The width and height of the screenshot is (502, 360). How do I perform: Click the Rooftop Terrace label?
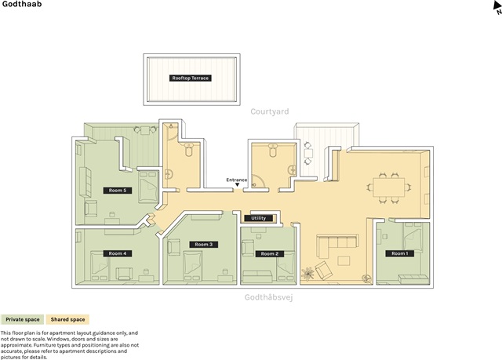[190, 78]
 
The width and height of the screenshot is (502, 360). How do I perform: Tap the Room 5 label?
[118, 191]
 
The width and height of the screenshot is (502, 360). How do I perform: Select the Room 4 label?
[118, 253]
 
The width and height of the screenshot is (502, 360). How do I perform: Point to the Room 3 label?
[204, 245]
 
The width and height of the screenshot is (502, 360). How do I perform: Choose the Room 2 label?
[270, 254]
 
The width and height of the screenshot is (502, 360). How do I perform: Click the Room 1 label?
[400, 253]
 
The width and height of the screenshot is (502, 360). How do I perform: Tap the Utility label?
[258, 218]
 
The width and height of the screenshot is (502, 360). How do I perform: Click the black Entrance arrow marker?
[237, 184]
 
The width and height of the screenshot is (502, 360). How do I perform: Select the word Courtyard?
[270, 111]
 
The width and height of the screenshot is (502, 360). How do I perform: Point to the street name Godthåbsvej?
[268, 297]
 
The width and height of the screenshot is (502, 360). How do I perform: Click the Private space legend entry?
[23, 319]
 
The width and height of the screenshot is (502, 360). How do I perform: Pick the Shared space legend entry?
[67, 319]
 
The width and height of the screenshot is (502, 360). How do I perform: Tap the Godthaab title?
[22, 4]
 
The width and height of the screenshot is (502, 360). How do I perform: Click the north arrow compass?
[497, 8]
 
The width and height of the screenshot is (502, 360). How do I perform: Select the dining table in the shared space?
[389, 187]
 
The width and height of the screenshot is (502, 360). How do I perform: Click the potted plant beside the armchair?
[307, 274]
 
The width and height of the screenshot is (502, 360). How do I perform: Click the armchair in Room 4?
[124, 274]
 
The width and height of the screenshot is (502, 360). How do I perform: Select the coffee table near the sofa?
[344, 260]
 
